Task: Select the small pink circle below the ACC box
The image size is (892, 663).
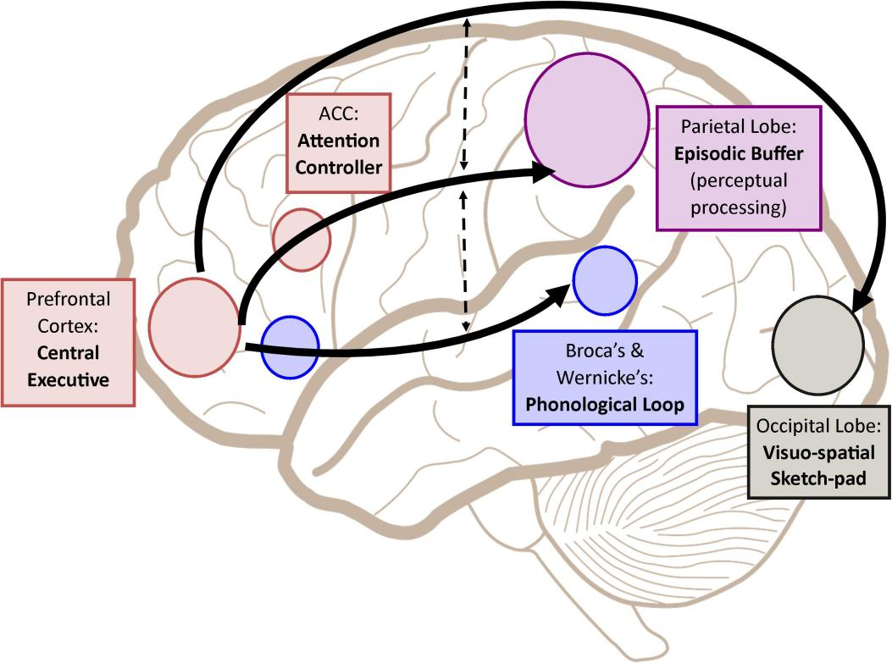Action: (x=302, y=240)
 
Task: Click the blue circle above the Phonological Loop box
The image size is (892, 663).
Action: (x=605, y=279)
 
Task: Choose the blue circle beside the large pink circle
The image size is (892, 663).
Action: (x=290, y=346)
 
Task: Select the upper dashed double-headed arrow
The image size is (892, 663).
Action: (x=464, y=93)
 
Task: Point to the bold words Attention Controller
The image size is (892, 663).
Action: (x=338, y=153)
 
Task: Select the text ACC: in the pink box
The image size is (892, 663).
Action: (x=338, y=113)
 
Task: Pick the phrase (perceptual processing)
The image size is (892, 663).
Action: (x=739, y=194)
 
